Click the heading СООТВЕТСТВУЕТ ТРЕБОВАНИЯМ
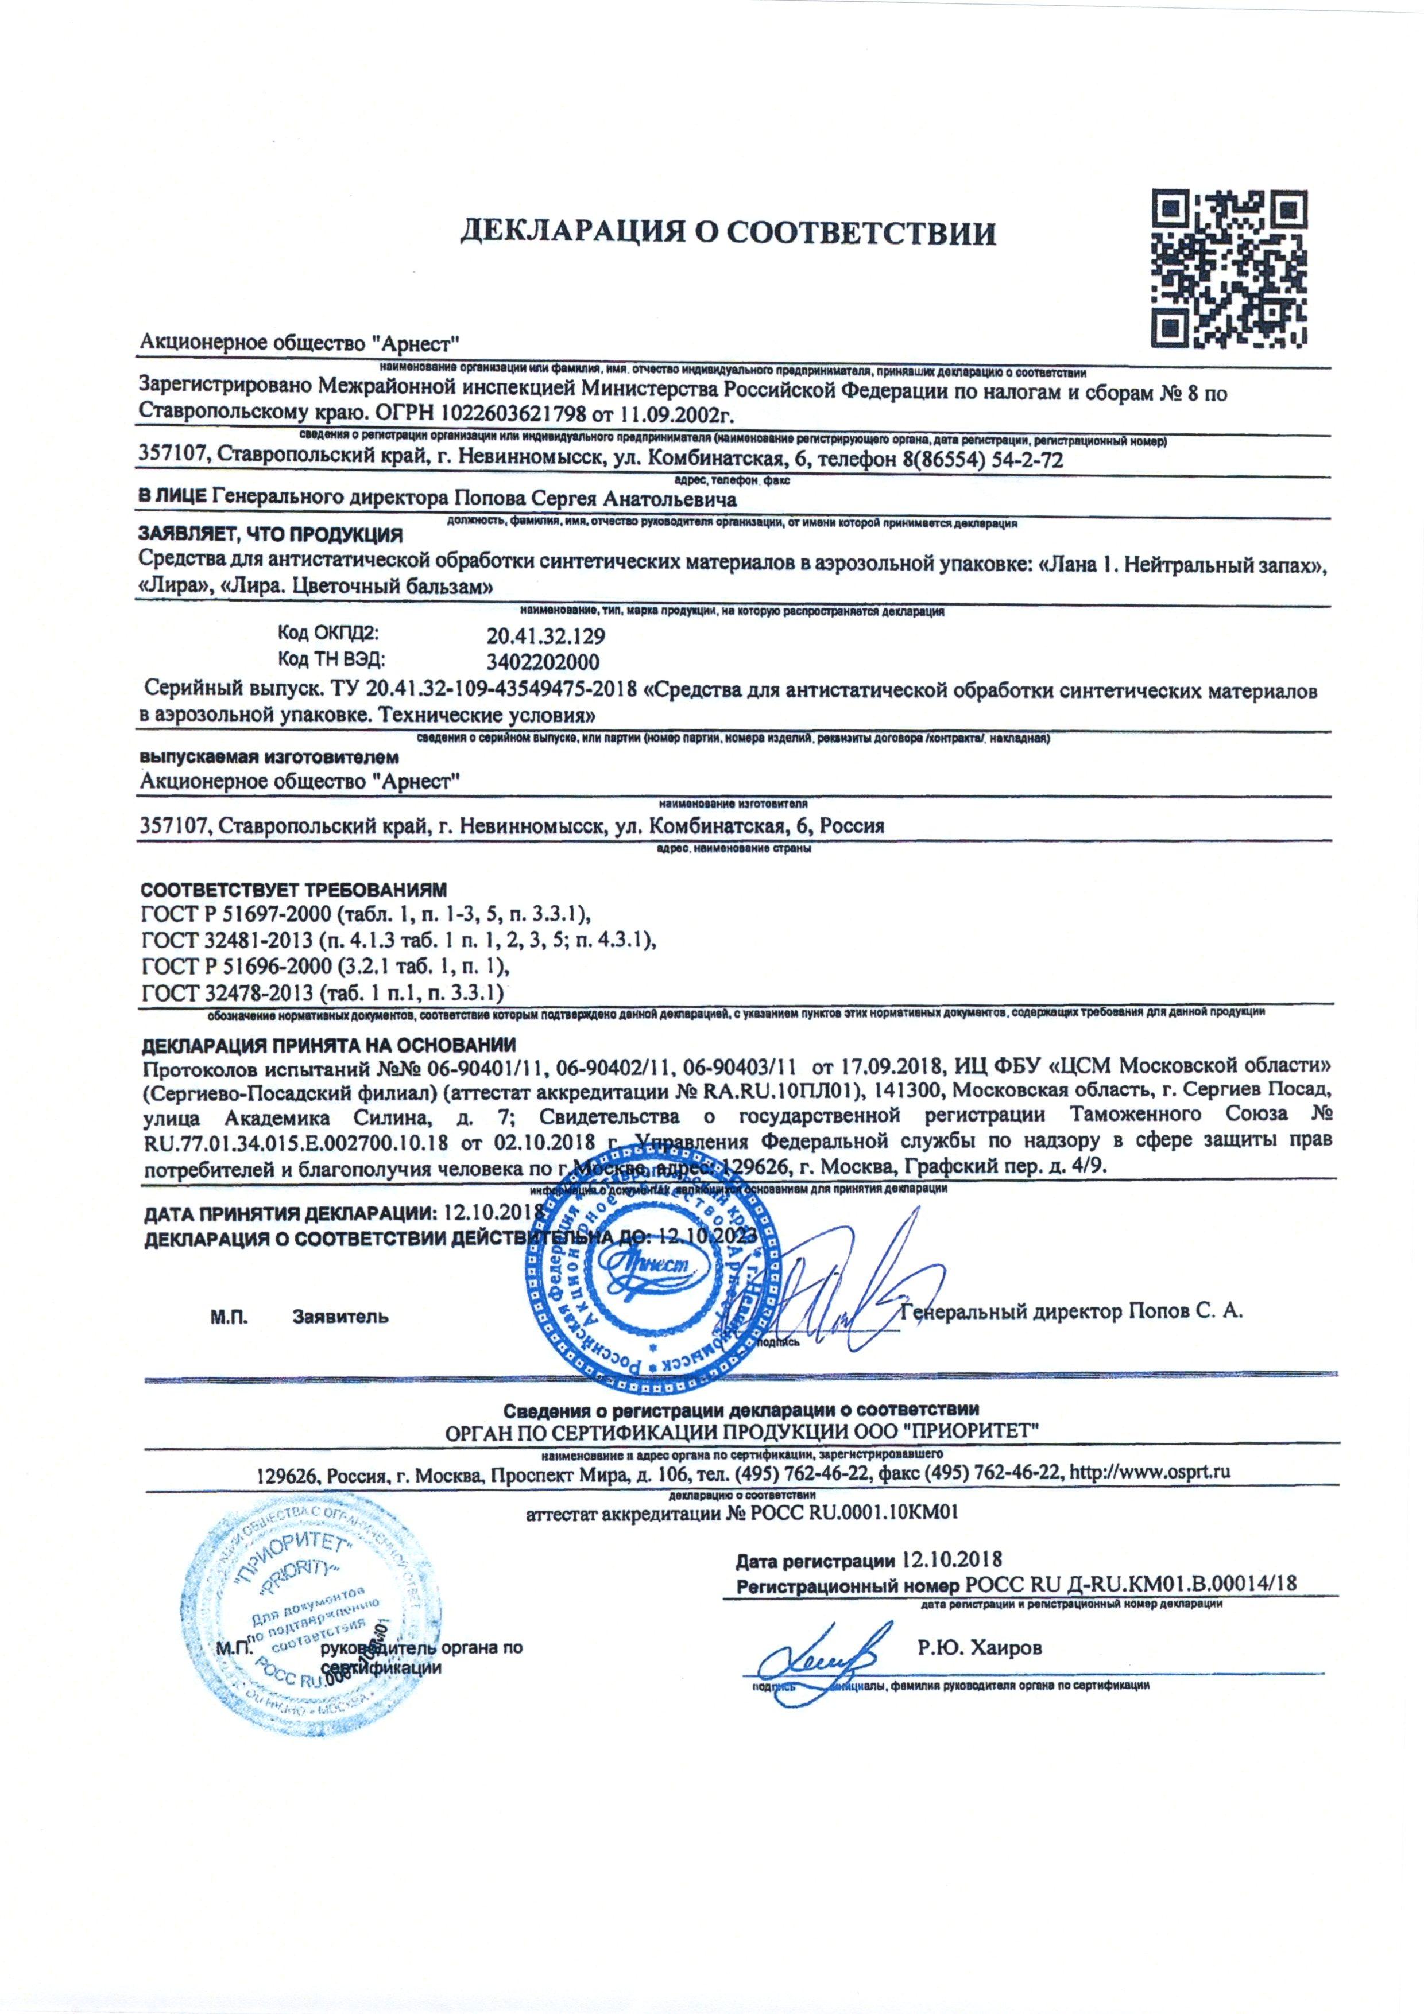pos(294,890)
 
